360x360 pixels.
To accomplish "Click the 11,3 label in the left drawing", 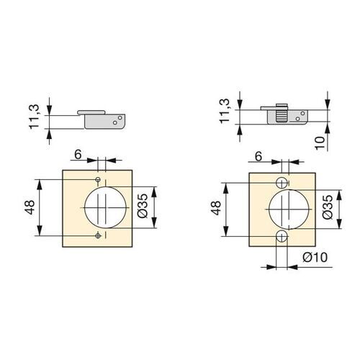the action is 34,117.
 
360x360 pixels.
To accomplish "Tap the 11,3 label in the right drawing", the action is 225,111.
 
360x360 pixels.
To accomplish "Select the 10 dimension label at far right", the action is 320,143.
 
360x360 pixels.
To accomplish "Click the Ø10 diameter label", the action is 315,258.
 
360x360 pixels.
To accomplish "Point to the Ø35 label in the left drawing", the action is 143,206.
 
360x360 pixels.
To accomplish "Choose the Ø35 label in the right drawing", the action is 328,207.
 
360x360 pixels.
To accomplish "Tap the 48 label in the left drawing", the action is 30,207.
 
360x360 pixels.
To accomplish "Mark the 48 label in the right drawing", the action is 216,208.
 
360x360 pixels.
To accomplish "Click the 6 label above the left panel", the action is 78,155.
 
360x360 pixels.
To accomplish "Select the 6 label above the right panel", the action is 258,156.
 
